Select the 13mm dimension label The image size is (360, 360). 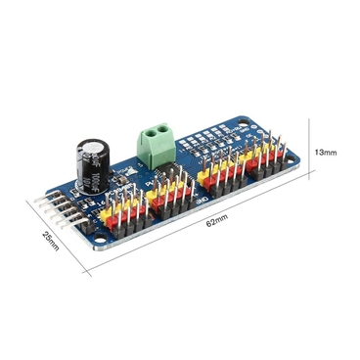coord(324,153)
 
